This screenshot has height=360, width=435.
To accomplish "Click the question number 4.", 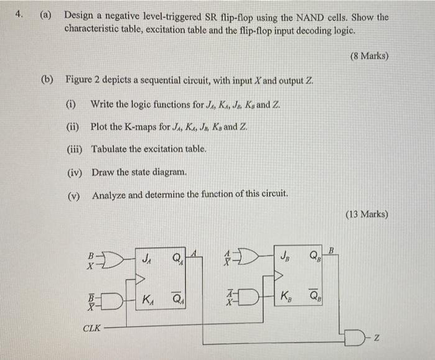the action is tap(20, 16).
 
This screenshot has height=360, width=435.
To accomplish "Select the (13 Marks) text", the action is tap(367, 215).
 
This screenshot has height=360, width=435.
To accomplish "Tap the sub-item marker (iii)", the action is tap(75, 149).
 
